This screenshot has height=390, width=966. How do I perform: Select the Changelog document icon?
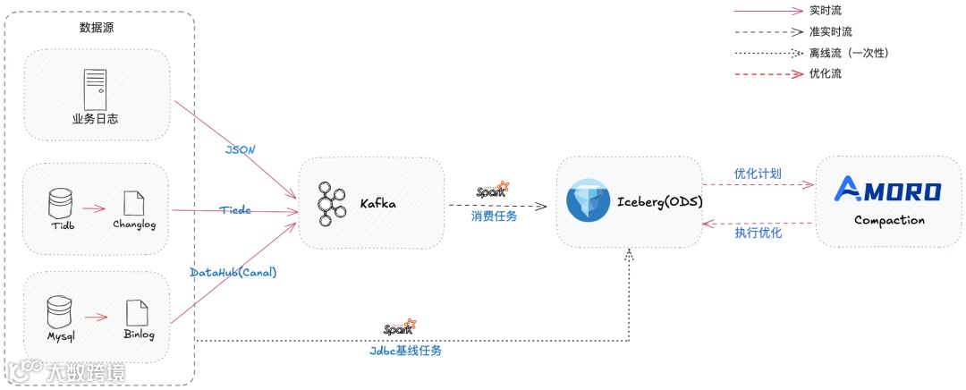[134, 203]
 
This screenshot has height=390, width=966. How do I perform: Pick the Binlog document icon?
[138, 312]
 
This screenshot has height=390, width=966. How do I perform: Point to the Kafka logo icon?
[332, 203]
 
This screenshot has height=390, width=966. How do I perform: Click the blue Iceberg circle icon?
[588, 201]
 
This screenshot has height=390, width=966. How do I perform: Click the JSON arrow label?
[241, 149]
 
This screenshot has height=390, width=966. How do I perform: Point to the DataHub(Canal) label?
[233, 272]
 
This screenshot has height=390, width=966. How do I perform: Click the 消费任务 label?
[494, 216]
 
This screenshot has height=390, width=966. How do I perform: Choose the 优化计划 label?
[758, 174]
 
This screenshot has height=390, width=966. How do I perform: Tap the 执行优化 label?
[758, 233]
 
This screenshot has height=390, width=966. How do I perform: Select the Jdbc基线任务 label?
[405, 351]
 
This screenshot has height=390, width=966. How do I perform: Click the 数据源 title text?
[97, 28]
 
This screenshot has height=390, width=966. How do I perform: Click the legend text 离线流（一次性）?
[848, 53]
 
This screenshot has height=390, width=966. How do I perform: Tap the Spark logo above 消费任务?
[493, 190]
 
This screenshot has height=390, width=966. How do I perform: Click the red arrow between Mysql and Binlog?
[97, 316]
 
